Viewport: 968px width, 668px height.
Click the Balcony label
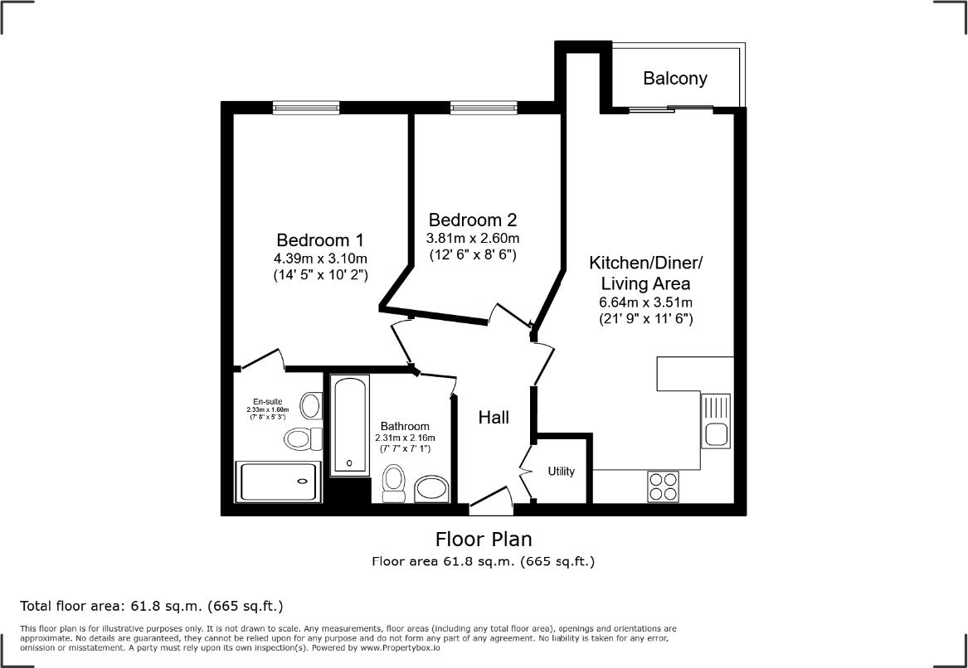[675, 79]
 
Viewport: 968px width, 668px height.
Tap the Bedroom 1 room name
[319, 240]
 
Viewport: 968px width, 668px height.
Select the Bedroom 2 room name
[473, 220]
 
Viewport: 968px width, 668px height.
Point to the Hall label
[494, 418]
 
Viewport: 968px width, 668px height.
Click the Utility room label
[562, 472]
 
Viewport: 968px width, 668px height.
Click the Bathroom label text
[405, 426]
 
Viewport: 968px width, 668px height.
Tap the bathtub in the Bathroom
[349, 425]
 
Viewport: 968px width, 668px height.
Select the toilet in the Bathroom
[394, 483]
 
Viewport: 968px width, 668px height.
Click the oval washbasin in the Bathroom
[431, 488]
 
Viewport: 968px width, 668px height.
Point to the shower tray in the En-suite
[278, 482]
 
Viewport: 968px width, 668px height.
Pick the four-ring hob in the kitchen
[664, 486]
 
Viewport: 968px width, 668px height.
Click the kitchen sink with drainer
[716, 421]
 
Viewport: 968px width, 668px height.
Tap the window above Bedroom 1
[306, 106]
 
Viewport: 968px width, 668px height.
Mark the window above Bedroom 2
[484, 106]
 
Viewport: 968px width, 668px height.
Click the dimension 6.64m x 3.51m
[645, 302]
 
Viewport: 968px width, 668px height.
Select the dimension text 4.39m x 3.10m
[320, 258]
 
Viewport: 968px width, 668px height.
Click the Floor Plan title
[484, 540]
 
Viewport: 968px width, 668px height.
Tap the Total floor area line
[156, 606]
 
